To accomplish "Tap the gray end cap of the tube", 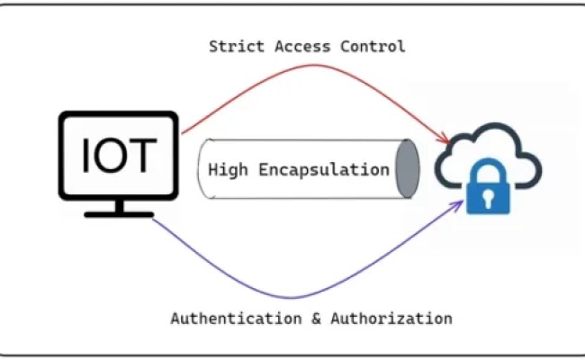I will coord(408,169).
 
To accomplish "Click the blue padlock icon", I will coord(487,188).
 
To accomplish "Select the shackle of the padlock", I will coord(487,169).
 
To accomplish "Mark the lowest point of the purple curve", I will coord(297,297).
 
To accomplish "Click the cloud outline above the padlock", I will coord(486,130).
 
